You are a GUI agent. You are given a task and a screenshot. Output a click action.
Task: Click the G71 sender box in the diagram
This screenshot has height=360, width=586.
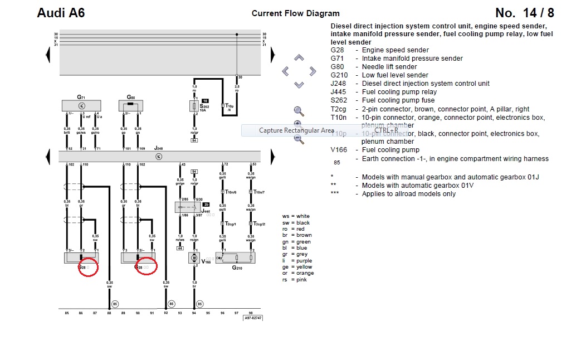81,105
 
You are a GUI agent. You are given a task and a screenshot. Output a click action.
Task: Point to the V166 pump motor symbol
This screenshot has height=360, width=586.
194,257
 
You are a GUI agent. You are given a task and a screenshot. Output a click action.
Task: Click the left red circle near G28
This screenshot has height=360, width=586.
88,267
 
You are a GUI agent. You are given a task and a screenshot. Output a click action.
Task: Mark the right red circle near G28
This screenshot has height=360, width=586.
146,267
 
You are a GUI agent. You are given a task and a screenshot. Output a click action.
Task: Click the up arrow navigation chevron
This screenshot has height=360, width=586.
299,58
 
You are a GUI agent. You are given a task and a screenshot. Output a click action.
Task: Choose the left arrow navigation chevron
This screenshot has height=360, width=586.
286,71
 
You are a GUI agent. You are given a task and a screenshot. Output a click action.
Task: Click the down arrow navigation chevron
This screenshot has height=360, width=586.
299,85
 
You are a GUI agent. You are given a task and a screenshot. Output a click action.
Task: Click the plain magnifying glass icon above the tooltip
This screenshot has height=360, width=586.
299,111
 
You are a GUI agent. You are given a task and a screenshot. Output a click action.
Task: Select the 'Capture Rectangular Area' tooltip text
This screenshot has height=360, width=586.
296,130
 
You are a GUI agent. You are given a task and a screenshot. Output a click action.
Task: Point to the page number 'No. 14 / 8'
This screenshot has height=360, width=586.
524,13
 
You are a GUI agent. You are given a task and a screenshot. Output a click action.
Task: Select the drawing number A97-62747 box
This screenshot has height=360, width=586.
252,318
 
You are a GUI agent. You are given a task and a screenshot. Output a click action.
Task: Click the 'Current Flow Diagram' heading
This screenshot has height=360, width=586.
295,13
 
